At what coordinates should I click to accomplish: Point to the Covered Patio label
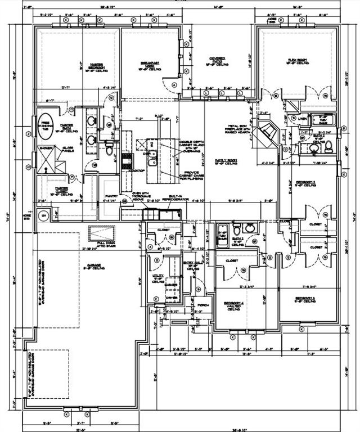point(217,61)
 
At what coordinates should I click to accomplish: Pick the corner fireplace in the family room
point(269,132)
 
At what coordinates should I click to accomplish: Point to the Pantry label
point(110,196)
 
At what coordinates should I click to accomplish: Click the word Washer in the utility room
point(171,285)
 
